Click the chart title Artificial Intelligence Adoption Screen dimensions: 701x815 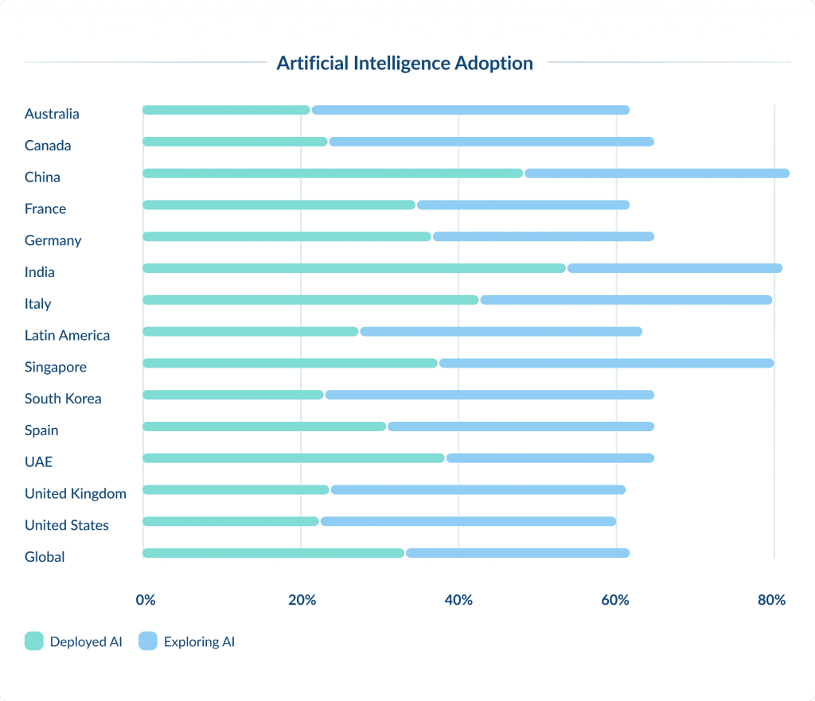404,63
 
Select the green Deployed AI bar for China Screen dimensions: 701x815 333,173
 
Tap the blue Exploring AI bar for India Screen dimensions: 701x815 674,268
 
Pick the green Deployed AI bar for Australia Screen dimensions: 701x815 226,110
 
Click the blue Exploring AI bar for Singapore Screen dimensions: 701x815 606,363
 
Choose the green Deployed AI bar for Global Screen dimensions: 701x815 273,553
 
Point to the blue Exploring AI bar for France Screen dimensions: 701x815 523,205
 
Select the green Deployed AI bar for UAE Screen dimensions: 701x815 294,458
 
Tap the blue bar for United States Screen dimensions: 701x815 468,521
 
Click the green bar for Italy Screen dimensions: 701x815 310,300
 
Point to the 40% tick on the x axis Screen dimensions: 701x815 458,600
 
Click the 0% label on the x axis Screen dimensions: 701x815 146,600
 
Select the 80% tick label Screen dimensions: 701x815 771,600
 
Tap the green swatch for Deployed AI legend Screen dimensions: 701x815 33,641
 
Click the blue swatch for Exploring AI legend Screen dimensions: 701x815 147,641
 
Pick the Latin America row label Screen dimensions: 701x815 67,335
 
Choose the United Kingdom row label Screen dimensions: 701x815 76,493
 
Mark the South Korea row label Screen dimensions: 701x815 63,399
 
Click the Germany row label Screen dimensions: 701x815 53,240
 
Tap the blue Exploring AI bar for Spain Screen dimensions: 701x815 521,426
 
